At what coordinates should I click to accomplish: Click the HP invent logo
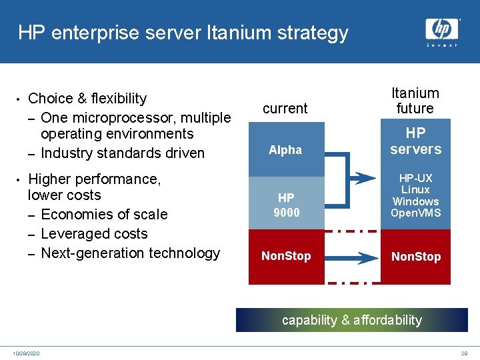point(442,31)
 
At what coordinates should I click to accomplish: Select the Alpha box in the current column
point(285,150)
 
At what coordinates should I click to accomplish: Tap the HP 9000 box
point(286,205)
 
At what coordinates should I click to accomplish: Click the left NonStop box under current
point(286,256)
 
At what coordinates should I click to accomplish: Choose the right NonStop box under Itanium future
point(415,257)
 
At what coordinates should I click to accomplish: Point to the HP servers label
point(415,141)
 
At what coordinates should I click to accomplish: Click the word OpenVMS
point(415,213)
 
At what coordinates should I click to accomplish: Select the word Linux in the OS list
point(415,190)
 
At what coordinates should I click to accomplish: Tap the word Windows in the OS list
point(415,201)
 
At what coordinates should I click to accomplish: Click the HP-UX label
point(415,178)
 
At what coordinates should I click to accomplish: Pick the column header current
point(285,108)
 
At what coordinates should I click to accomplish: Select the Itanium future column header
point(415,101)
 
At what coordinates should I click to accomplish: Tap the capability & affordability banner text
point(352,320)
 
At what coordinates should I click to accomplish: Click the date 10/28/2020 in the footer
point(26,353)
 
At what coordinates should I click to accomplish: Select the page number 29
point(464,353)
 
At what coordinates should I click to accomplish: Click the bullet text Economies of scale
point(104,215)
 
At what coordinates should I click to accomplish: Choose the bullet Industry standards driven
point(123,153)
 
